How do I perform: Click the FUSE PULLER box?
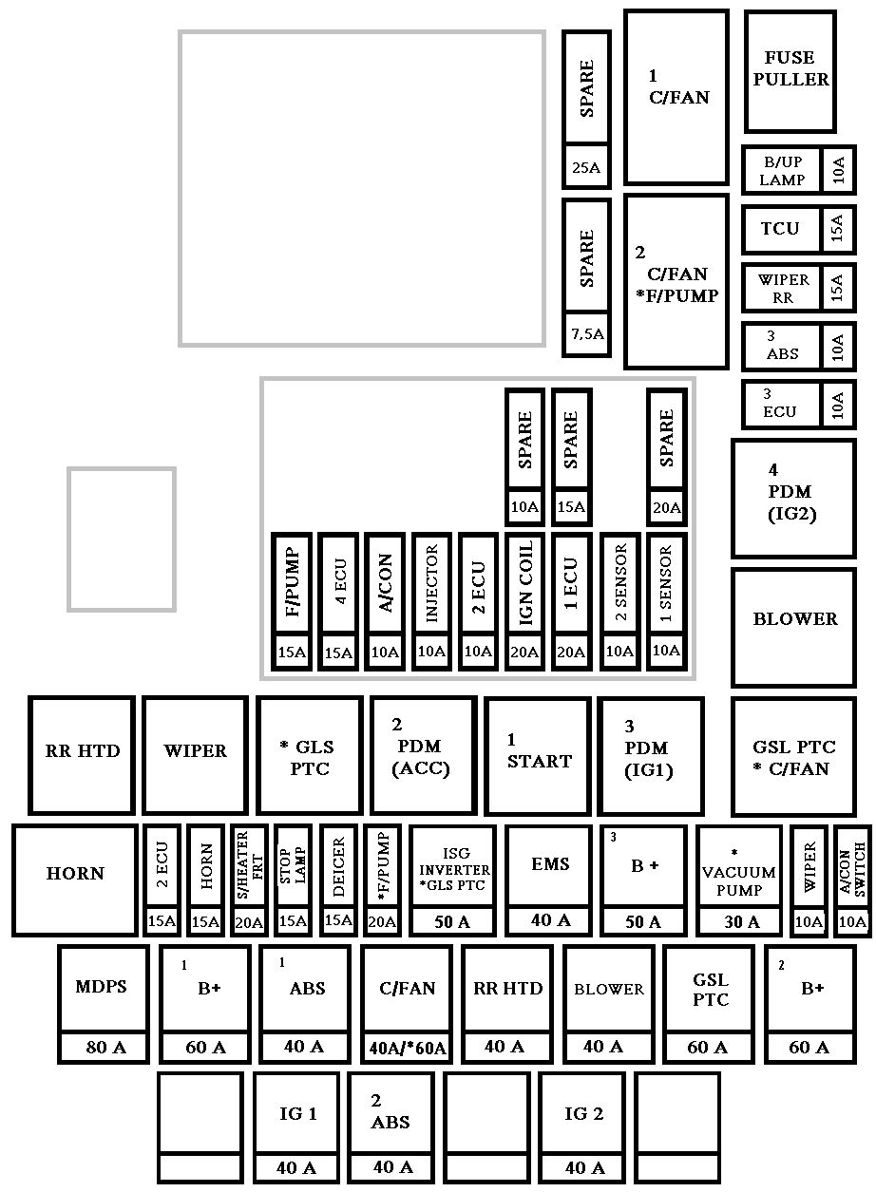(x=790, y=71)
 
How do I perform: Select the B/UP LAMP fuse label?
(x=782, y=170)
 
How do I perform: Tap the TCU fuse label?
(x=780, y=228)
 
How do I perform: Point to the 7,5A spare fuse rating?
(x=587, y=333)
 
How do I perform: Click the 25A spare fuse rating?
(x=586, y=167)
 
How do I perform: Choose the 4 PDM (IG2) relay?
(x=793, y=499)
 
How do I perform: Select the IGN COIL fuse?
(x=524, y=602)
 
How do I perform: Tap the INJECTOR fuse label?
(x=431, y=582)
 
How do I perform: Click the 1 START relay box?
(x=538, y=756)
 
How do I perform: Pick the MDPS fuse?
(x=104, y=1005)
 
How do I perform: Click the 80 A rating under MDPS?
(x=105, y=1047)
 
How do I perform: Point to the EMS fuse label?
(x=550, y=863)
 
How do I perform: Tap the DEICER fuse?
(x=338, y=880)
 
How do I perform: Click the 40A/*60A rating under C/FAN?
(x=408, y=1048)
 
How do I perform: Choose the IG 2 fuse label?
(x=583, y=1113)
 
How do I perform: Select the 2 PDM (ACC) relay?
(x=423, y=756)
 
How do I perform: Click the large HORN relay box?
(x=75, y=880)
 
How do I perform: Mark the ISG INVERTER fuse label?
(x=454, y=869)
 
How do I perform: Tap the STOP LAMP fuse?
(x=293, y=880)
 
